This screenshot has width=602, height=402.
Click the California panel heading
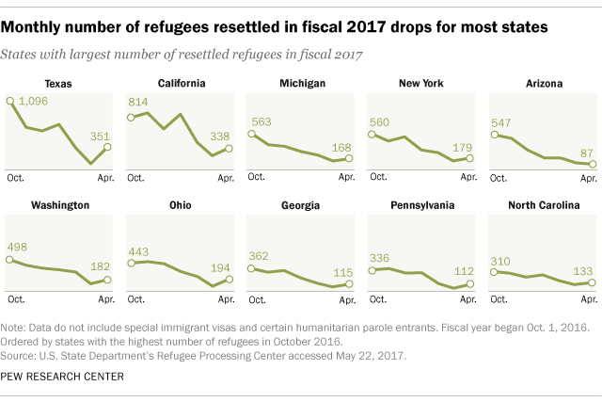coord(181,83)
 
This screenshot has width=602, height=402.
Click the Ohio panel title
coord(180,204)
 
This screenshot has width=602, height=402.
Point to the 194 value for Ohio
coord(222,268)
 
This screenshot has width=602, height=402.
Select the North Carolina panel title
coord(540,204)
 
